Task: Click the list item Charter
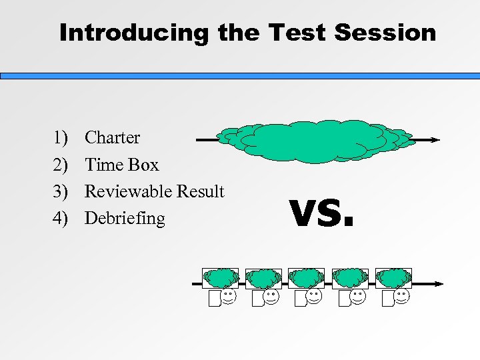113,138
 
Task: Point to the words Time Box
122,165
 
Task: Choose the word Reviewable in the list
127,191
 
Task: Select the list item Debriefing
125,218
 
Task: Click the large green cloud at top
316,140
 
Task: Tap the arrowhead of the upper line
435,140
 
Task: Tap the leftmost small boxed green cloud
221,278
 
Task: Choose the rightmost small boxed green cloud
393,278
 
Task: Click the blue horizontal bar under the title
240,76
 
